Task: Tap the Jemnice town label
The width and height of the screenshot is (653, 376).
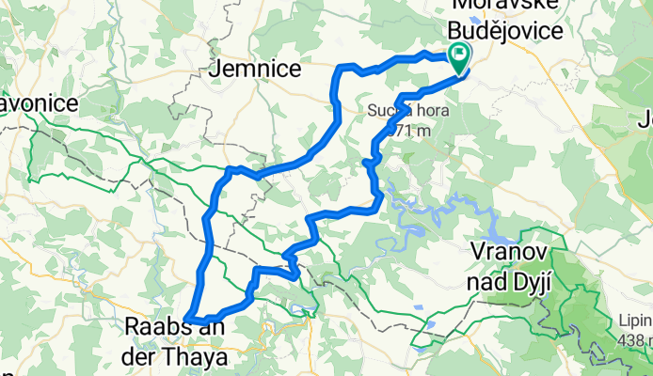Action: (257, 69)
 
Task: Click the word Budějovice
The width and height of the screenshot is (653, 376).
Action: (508, 31)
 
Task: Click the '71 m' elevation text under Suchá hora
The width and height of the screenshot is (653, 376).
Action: (409, 131)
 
